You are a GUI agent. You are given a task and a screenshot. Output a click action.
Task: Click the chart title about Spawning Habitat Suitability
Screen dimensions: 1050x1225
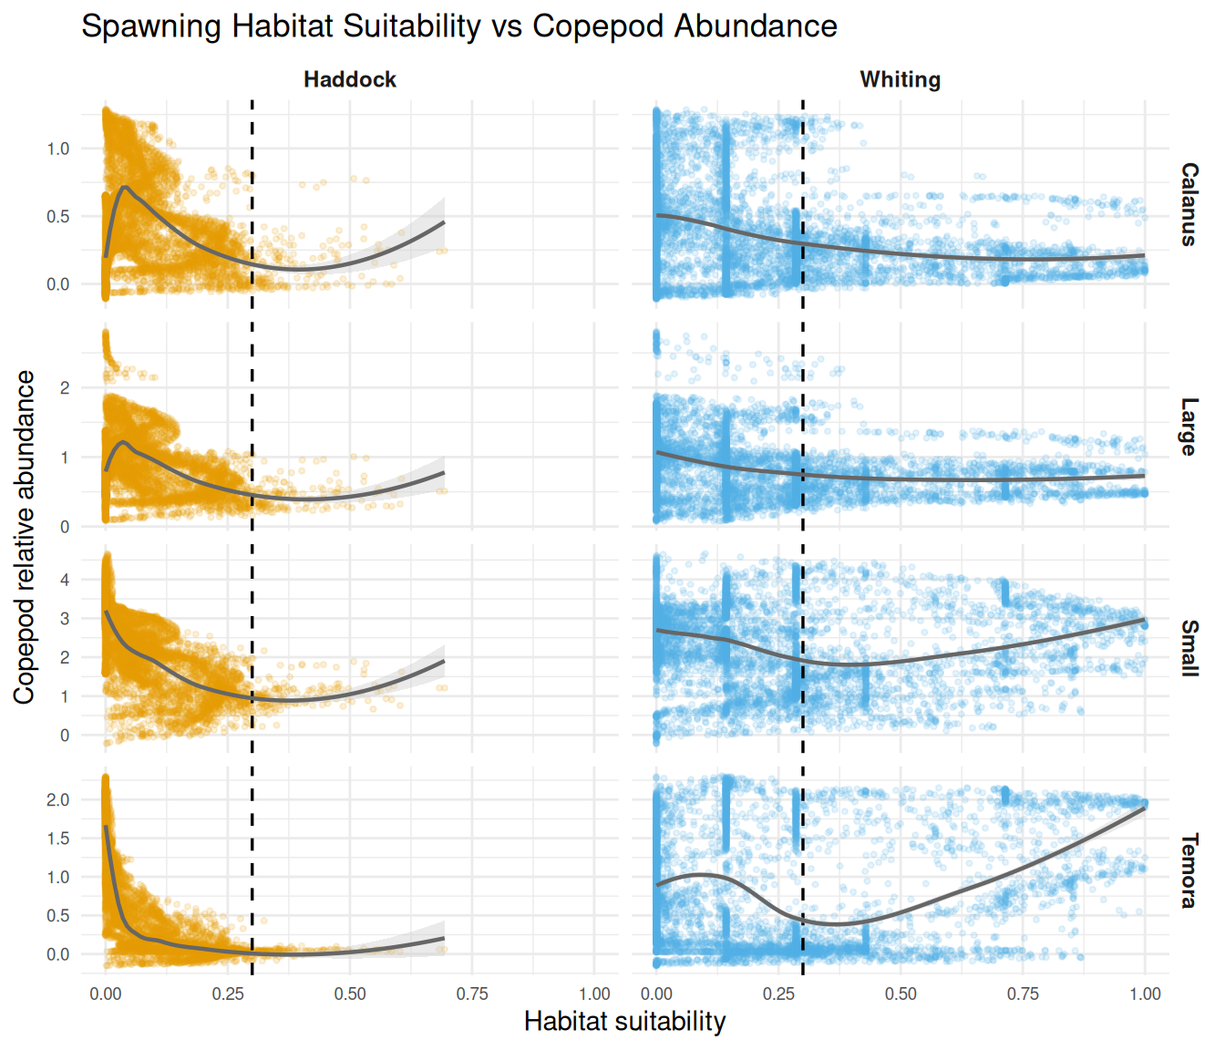[458, 26]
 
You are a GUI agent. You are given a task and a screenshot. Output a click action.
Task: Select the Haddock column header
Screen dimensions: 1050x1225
[350, 79]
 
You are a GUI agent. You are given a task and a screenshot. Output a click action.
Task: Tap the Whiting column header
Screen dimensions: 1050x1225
[900, 79]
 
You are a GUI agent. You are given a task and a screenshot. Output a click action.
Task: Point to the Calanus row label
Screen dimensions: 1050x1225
[1189, 204]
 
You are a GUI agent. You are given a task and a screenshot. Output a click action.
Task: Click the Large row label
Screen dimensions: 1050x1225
[1189, 427]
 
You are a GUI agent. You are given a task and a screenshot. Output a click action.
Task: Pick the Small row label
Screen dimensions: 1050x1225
[1189, 648]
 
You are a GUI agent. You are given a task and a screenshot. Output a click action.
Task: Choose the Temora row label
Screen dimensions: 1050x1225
[1189, 870]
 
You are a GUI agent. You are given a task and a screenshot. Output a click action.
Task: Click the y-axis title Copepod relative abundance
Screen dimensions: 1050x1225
[25, 537]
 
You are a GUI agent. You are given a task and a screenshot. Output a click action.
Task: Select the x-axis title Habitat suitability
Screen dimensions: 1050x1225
[624, 1022]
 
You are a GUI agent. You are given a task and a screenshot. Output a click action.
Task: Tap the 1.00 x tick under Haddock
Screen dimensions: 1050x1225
[594, 993]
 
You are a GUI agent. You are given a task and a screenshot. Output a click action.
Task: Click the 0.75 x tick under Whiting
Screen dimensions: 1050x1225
[1023, 993]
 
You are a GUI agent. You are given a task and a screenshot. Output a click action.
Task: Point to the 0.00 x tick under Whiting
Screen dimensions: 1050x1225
[656, 993]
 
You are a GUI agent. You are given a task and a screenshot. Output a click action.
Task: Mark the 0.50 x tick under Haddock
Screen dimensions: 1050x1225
[350, 993]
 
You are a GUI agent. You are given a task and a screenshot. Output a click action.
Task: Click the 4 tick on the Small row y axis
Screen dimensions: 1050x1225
[65, 580]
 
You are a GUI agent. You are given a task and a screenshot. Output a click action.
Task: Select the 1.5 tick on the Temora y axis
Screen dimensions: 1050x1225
[58, 839]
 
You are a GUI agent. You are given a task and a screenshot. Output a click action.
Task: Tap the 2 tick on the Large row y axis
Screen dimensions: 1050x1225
[65, 388]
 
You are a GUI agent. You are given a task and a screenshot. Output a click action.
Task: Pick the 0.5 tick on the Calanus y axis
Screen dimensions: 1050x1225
[58, 217]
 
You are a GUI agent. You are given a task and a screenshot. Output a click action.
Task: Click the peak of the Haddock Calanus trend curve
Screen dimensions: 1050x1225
[125, 188]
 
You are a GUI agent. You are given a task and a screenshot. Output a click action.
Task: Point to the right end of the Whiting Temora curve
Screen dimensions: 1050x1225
[1145, 808]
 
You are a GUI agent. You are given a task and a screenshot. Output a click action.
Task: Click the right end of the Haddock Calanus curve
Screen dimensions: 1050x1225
[444, 221]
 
